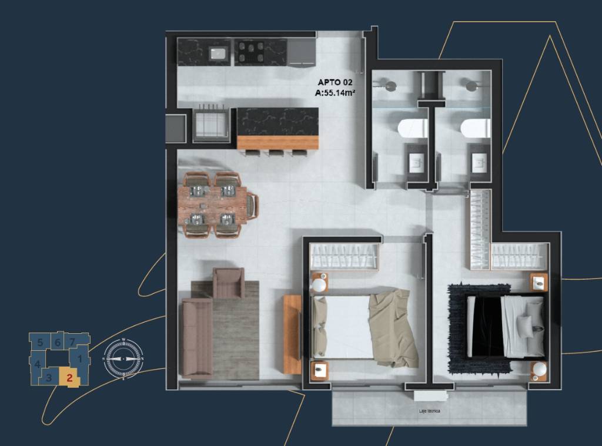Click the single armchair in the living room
pos(228,282)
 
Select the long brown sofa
pos(196,337)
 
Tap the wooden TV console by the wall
pos(292,334)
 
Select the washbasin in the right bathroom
pos(479,162)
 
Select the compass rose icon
pos(123,358)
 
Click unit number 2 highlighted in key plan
pos(69,378)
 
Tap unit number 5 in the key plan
pos(40,341)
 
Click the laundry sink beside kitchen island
pos(211,123)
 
